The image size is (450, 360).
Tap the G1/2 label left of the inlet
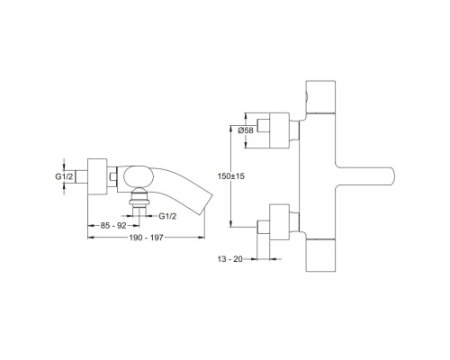pos(64,177)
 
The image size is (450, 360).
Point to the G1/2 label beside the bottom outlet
pos(166,216)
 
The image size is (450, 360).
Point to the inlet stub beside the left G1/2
pos(83,176)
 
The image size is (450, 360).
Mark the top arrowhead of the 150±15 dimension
pos(236,116)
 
